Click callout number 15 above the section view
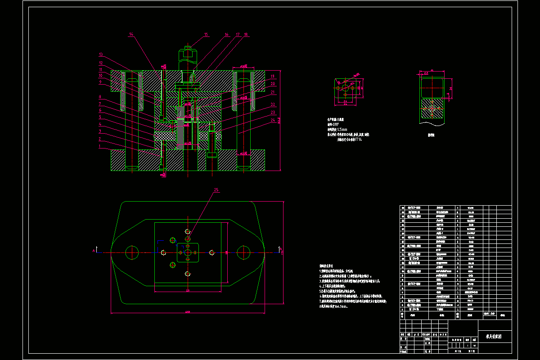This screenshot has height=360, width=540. coord(206,34)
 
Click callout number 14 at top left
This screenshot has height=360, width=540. coord(131,34)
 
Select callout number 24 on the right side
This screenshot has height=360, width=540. coord(273,120)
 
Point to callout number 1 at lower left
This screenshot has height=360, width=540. coord(100,146)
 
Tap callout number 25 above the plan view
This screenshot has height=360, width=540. coord(216,190)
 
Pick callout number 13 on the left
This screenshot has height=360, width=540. coord(101,54)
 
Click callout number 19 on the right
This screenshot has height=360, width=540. coord(273,76)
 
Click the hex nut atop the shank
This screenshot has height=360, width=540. coord(187,55)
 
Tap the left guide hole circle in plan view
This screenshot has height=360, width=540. coord(132,253)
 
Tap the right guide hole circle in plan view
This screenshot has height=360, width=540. coord(243,253)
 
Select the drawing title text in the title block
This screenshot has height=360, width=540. coord(493,336)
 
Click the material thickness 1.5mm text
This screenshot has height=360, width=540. coord(341,130)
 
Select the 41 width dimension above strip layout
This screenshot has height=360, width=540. coord(432,70)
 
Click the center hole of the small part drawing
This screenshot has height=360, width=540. coord(345,89)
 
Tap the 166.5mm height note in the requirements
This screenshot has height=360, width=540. coord(337,306)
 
